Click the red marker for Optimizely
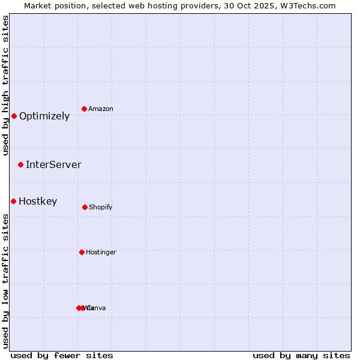pyautogui.click(x=14, y=116)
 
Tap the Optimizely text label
pyautogui.click(x=44, y=116)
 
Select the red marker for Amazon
pyautogui.click(x=85, y=109)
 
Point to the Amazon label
pyautogui.click(x=101, y=109)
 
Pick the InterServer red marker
pyautogui.click(x=21, y=164)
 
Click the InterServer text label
pyautogui.click(x=53, y=165)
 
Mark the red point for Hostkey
pyautogui.click(x=13, y=201)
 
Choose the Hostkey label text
pyautogui.click(x=38, y=202)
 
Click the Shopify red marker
pyautogui.click(x=85, y=207)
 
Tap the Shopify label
pyautogui.click(x=101, y=208)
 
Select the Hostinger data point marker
pyautogui.click(x=82, y=252)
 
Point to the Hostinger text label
pyautogui.click(x=101, y=253)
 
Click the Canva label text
pyautogui.click(x=98, y=308)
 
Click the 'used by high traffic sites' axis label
pyautogui.click(x=6, y=85)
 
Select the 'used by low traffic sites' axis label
pyautogui.click(x=6, y=281)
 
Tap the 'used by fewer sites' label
pyautogui.click(x=62, y=355)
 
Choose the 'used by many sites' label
pyautogui.click(x=301, y=355)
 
